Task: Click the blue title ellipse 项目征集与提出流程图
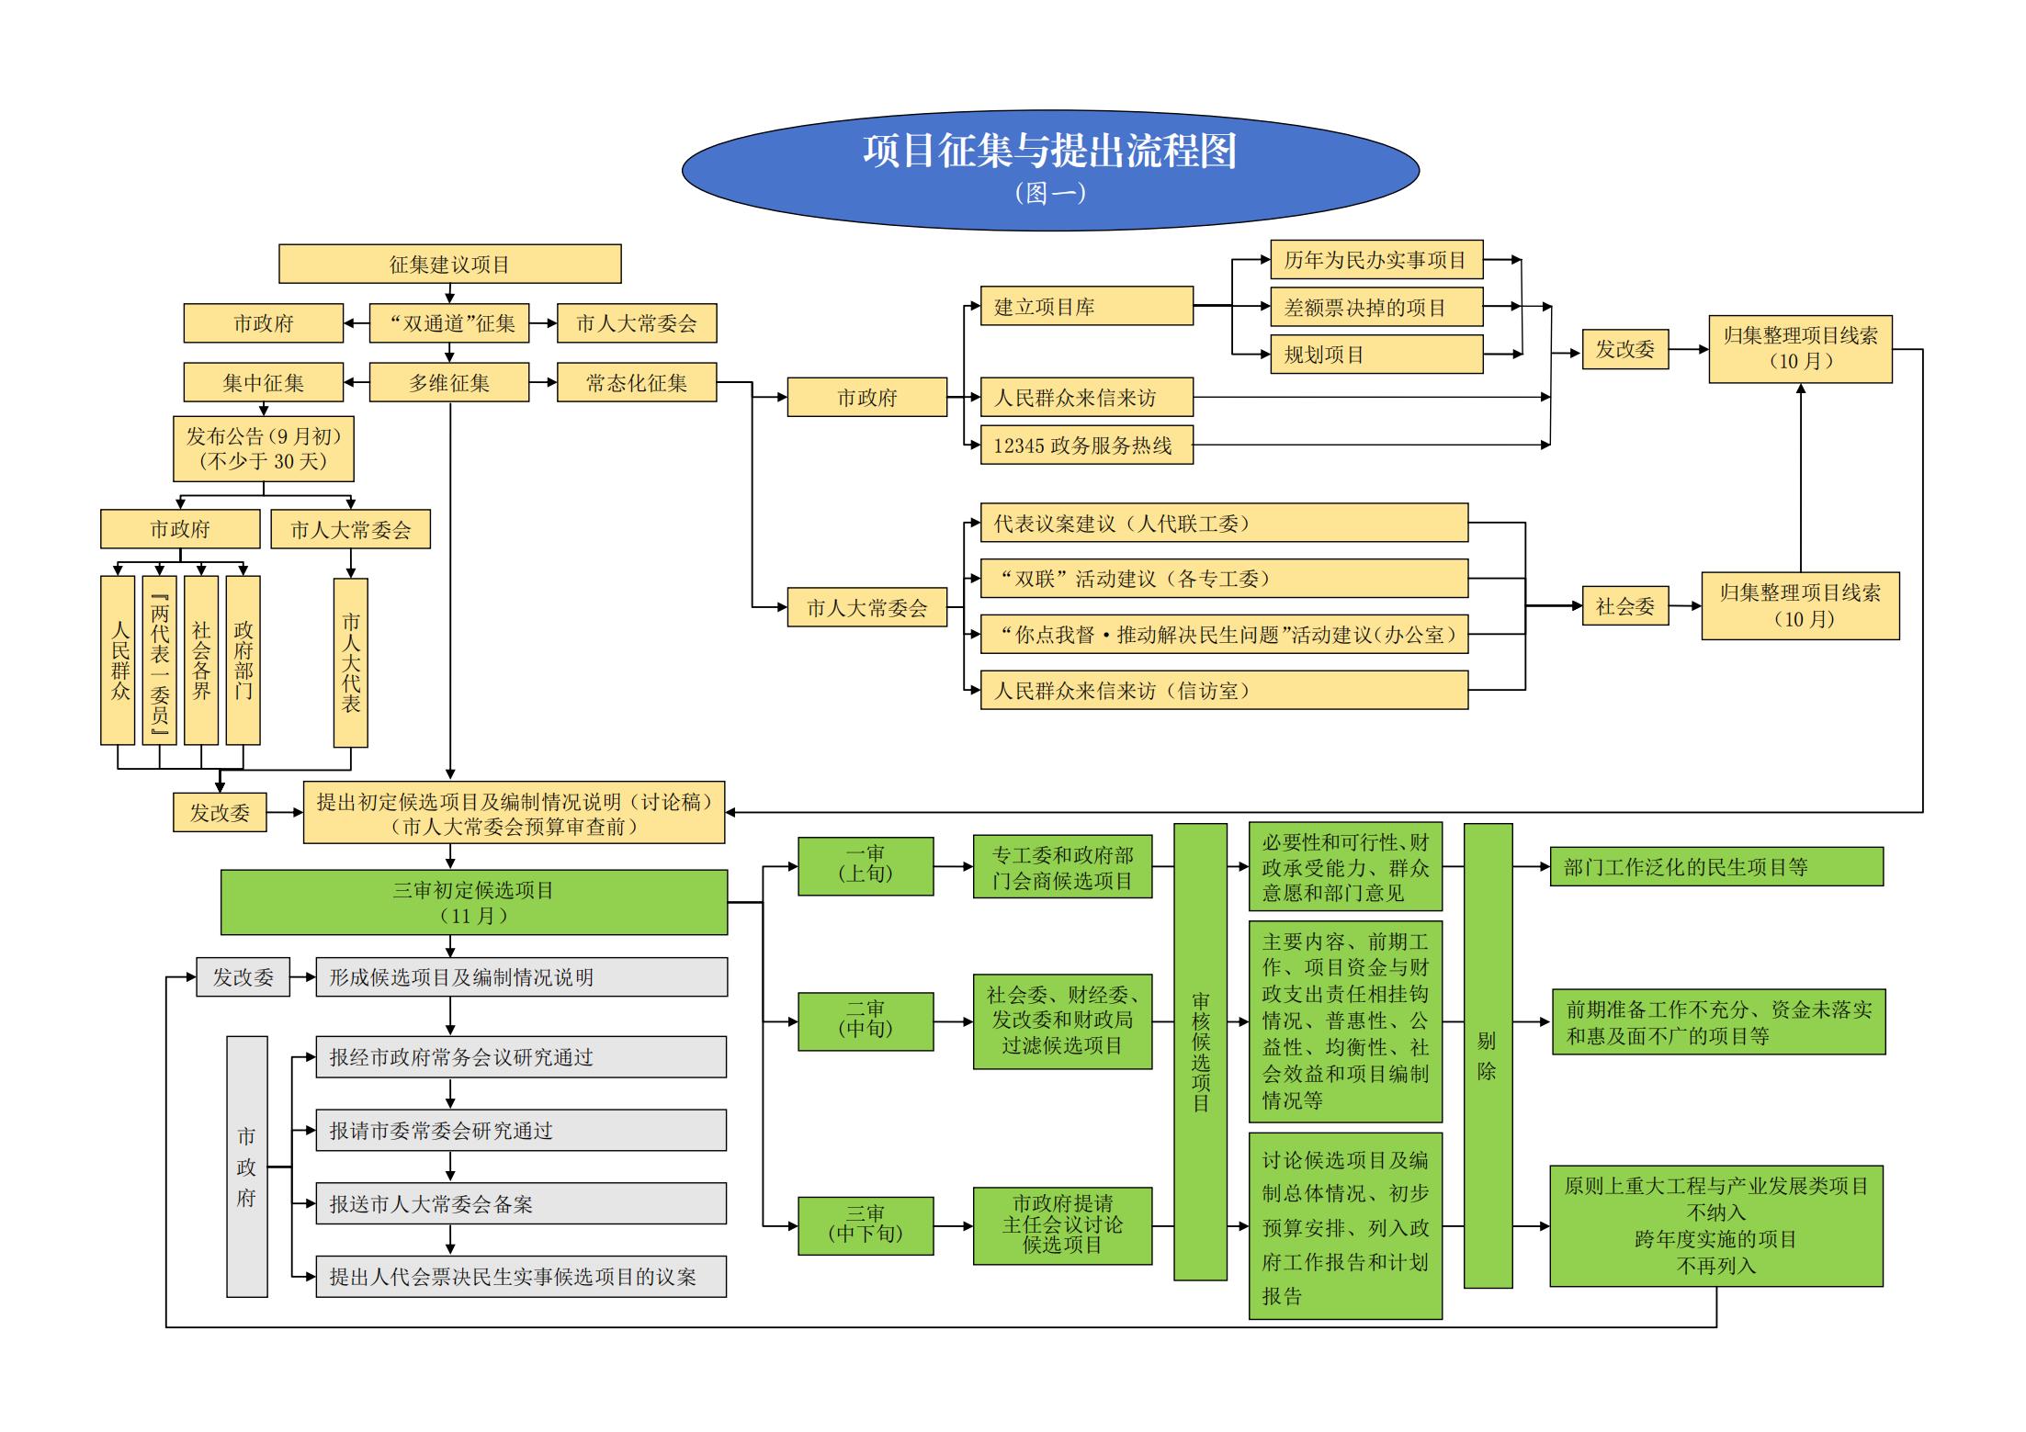(1050, 169)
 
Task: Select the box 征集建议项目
(449, 264)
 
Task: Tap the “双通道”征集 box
(449, 323)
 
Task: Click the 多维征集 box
(449, 382)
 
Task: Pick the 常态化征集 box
(636, 382)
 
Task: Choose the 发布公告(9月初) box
(264, 449)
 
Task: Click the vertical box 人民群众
(118, 660)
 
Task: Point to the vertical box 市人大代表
(350, 661)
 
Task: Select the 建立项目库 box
(1086, 307)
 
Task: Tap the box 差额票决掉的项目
(1375, 307)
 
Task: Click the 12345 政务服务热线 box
(1086, 445)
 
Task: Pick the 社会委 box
(1624, 606)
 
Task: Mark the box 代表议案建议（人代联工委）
(1223, 524)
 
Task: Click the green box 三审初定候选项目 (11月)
(473, 902)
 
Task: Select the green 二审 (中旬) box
(866, 1020)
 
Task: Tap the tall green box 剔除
(1487, 1054)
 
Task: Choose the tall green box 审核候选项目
(1200, 1051)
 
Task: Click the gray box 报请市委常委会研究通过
(520, 1131)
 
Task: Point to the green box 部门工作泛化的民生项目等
(1715, 866)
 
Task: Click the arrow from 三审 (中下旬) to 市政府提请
(953, 1226)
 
